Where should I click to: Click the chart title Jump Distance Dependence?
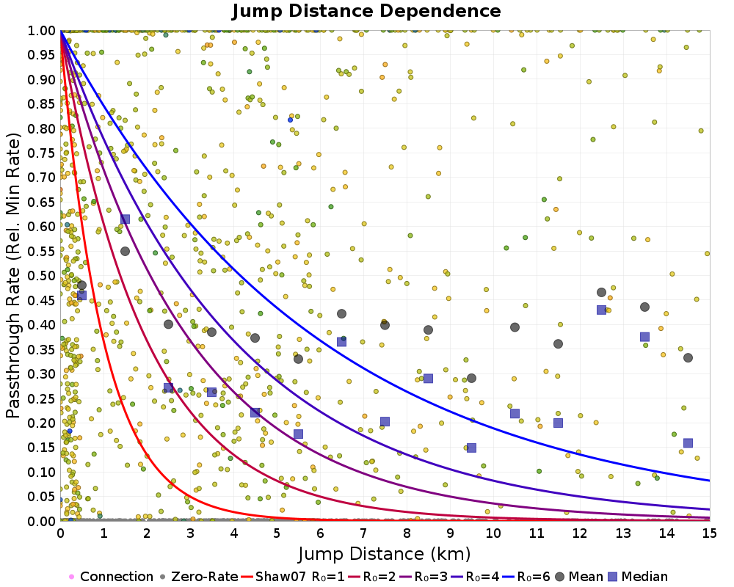click(x=366, y=11)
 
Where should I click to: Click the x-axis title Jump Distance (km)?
click(x=384, y=554)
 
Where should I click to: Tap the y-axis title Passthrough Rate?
click(x=13, y=276)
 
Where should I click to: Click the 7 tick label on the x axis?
click(x=363, y=533)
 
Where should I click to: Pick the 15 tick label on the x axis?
click(x=710, y=533)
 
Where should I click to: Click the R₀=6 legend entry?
click(x=526, y=576)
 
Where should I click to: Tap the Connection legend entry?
click(x=111, y=576)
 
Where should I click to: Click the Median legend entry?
click(x=638, y=576)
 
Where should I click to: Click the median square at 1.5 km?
click(x=125, y=219)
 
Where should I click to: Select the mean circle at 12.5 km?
click(x=602, y=293)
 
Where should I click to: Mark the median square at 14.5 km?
click(x=688, y=443)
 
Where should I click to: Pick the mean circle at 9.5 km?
click(x=471, y=378)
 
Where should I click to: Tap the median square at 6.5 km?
click(x=342, y=342)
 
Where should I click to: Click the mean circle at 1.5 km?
click(x=125, y=252)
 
